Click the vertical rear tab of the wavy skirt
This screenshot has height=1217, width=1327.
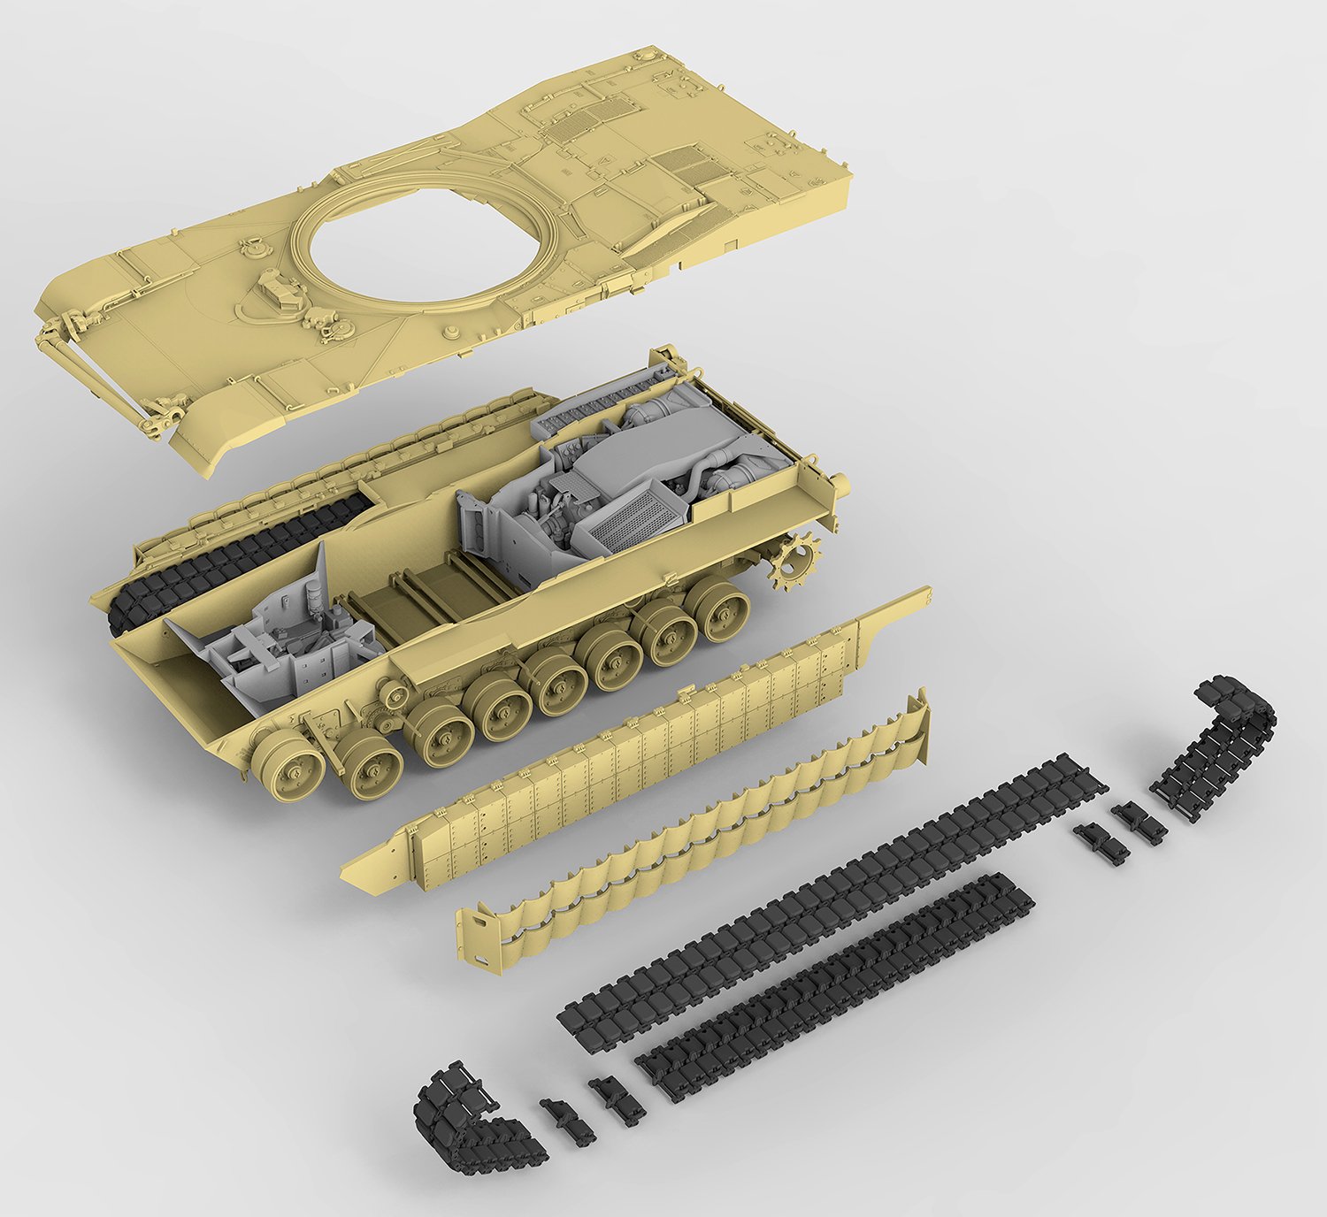pyautogui.click(x=920, y=725)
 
